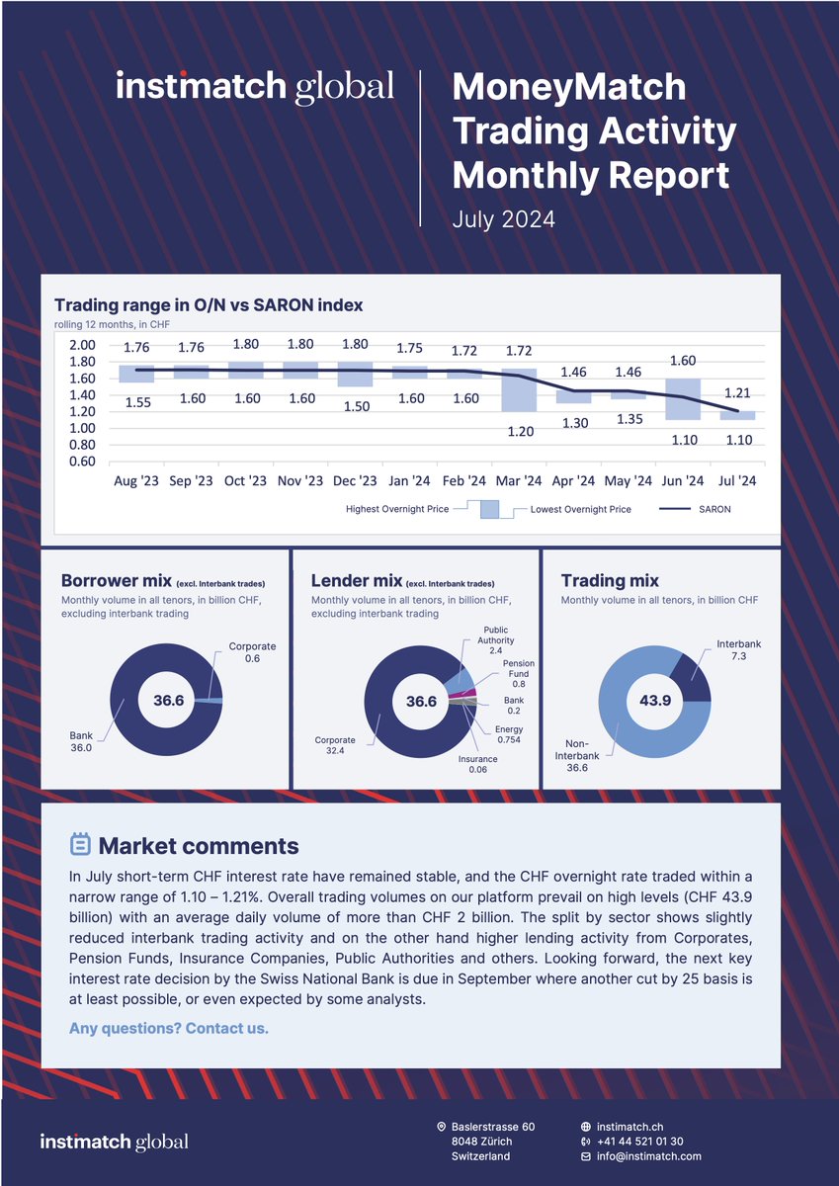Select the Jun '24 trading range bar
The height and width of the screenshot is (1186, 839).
pyautogui.click(x=682, y=399)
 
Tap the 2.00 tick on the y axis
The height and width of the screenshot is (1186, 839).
pyautogui.click(x=82, y=346)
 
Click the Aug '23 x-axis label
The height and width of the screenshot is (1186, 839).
pyautogui.click(x=136, y=481)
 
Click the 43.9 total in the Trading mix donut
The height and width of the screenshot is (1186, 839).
pyautogui.click(x=654, y=700)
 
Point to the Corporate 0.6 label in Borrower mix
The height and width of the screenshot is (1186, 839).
pyautogui.click(x=252, y=653)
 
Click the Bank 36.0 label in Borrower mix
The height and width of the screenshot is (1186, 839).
pyautogui.click(x=81, y=741)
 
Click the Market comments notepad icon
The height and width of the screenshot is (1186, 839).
pyautogui.click(x=80, y=845)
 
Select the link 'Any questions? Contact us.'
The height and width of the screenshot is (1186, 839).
pyautogui.click(x=168, y=1029)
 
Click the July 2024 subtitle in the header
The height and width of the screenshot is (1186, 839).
pyautogui.click(x=503, y=219)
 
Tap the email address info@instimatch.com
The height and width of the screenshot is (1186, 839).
pyautogui.click(x=649, y=1155)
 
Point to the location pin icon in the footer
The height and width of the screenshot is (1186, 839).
pyautogui.click(x=441, y=1127)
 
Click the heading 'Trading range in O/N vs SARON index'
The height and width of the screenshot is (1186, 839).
pyautogui.click(x=209, y=305)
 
